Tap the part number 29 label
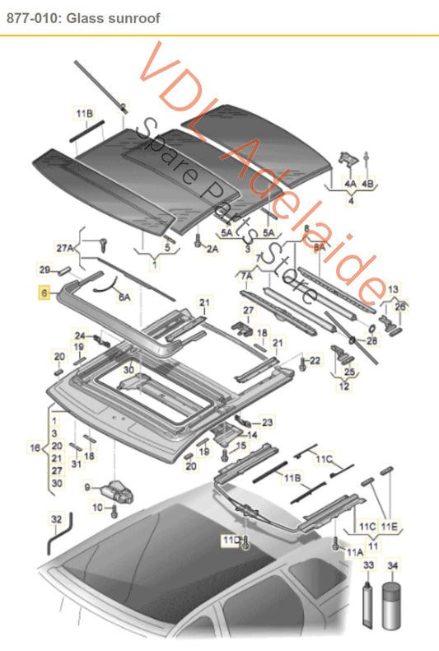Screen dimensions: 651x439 click(x=44, y=269)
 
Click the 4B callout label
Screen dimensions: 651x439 click(x=367, y=183)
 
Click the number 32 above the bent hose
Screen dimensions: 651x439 click(x=56, y=520)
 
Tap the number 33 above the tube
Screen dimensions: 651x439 click(x=368, y=564)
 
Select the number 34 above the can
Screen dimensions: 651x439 click(x=393, y=564)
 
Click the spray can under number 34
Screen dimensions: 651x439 click(x=393, y=605)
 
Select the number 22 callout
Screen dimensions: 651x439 click(x=315, y=360)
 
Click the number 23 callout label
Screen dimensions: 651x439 click(x=267, y=422)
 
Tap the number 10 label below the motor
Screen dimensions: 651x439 click(x=97, y=508)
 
